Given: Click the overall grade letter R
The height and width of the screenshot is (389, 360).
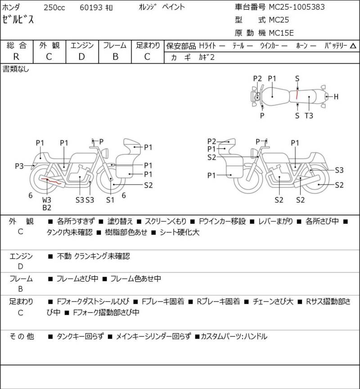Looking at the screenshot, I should pyautogui.click(x=16, y=57).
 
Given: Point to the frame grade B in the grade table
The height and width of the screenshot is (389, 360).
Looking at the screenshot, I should pyautogui.click(x=115, y=57).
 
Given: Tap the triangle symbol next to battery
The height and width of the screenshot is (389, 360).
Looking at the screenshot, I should pyautogui.click(x=353, y=46).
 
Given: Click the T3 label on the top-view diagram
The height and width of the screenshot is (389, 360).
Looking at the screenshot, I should pyautogui.click(x=309, y=116).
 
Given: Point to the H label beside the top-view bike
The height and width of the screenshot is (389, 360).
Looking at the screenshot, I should pyautogui.click(x=336, y=97).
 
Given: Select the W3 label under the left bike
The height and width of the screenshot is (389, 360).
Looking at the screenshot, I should pyautogui.click(x=47, y=200).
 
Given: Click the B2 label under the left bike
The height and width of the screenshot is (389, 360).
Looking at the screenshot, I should pyautogui.click(x=47, y=207).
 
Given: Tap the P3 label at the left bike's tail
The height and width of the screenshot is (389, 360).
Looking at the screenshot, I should pyautogui.click(x=19, y=166).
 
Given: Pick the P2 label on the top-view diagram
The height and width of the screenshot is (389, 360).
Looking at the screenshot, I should pyautogui.click(x=257, y=78).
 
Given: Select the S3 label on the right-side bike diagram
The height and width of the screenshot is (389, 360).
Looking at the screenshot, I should pyautogui.click(x=339, y=170).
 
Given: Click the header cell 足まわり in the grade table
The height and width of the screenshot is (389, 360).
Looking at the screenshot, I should pyautogui.click(x=148, y=45).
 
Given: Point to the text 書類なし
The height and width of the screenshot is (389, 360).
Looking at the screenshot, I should pyautogui.click(x=16, y=69).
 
